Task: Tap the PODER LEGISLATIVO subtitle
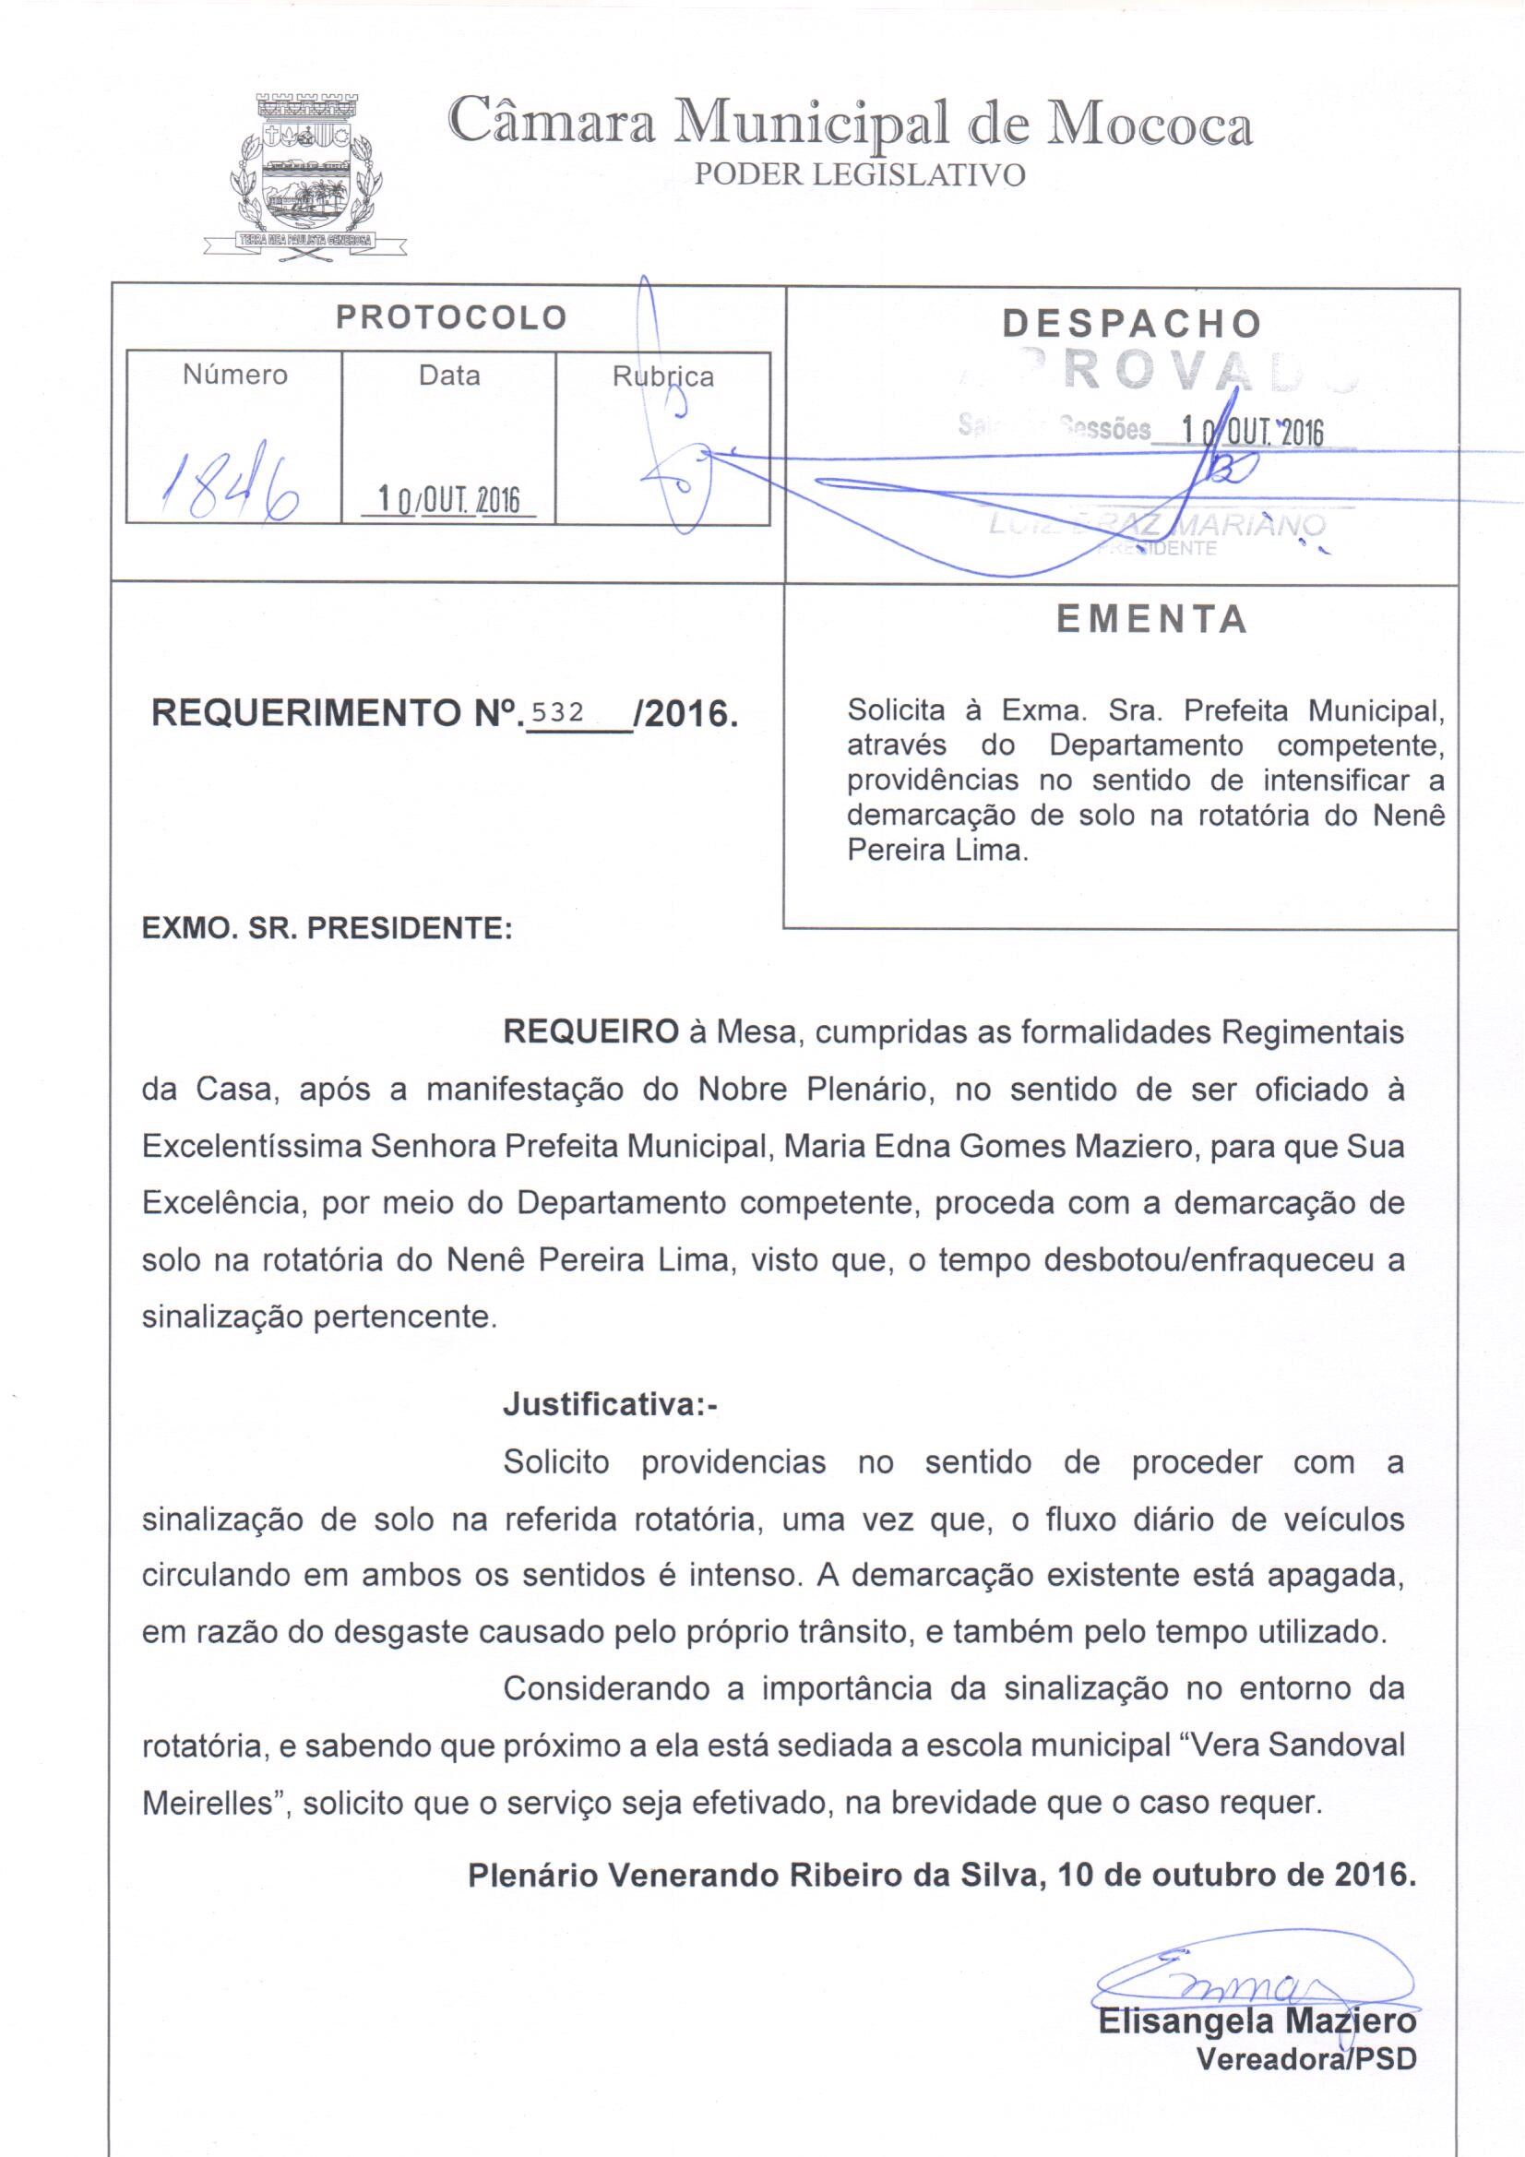[858, 175]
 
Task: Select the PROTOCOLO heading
[451, 317]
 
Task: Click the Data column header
[449, 375]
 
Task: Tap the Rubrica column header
[662, 376]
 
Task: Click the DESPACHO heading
[1131, 323]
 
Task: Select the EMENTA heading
[1151, 619]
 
